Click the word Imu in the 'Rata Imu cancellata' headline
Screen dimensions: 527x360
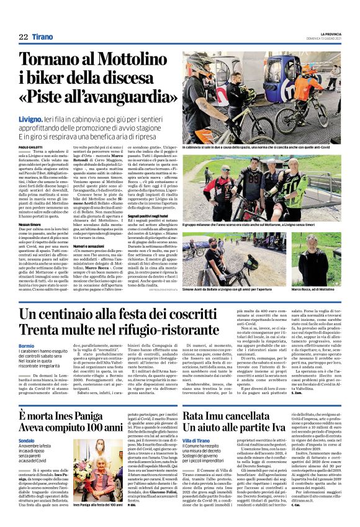[x=225, y=415]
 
